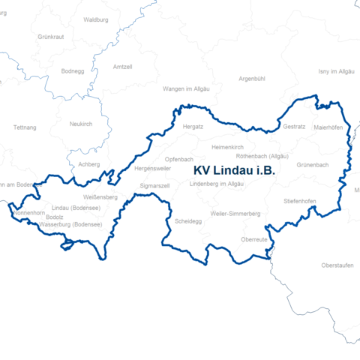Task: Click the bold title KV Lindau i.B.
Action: (x=234, y=171)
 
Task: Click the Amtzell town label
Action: (x=121, y=67)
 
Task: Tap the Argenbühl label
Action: (x=252, y=78)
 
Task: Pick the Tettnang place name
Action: (x=25, y=127)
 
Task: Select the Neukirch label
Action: (x=80, y=124)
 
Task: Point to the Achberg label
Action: (x=88, y=163)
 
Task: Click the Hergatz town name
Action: (x=193, y=127)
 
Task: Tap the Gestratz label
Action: (x=295, y=127)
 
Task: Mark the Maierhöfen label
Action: (x=328, y=127)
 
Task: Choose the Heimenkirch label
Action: (x=229, y=147)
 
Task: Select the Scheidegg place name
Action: (x=187, y=222)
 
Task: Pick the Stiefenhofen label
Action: (x=299, y=201)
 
